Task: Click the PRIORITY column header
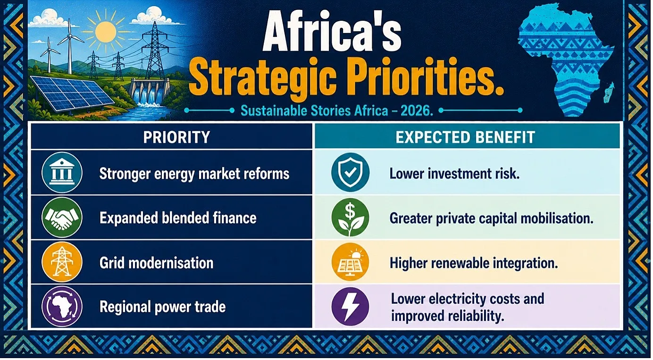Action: [176, 137]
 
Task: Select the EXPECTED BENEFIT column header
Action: [465, 137]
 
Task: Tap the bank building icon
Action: [62, 172]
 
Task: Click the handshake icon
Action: [62, 218]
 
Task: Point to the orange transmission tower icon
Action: [62, 262]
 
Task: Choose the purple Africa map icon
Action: [62, 306]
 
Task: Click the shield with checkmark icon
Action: [350, 172]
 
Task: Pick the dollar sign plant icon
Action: [350, 217]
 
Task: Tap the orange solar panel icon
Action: [350, 262]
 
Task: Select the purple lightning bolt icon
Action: [350, 306]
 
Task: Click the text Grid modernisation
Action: [156, 263]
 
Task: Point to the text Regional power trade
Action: [162, 307]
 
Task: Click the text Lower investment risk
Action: [454, 174]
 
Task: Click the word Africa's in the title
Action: [332, 33]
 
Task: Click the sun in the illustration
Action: [106, 31]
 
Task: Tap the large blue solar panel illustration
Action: [72, 93]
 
